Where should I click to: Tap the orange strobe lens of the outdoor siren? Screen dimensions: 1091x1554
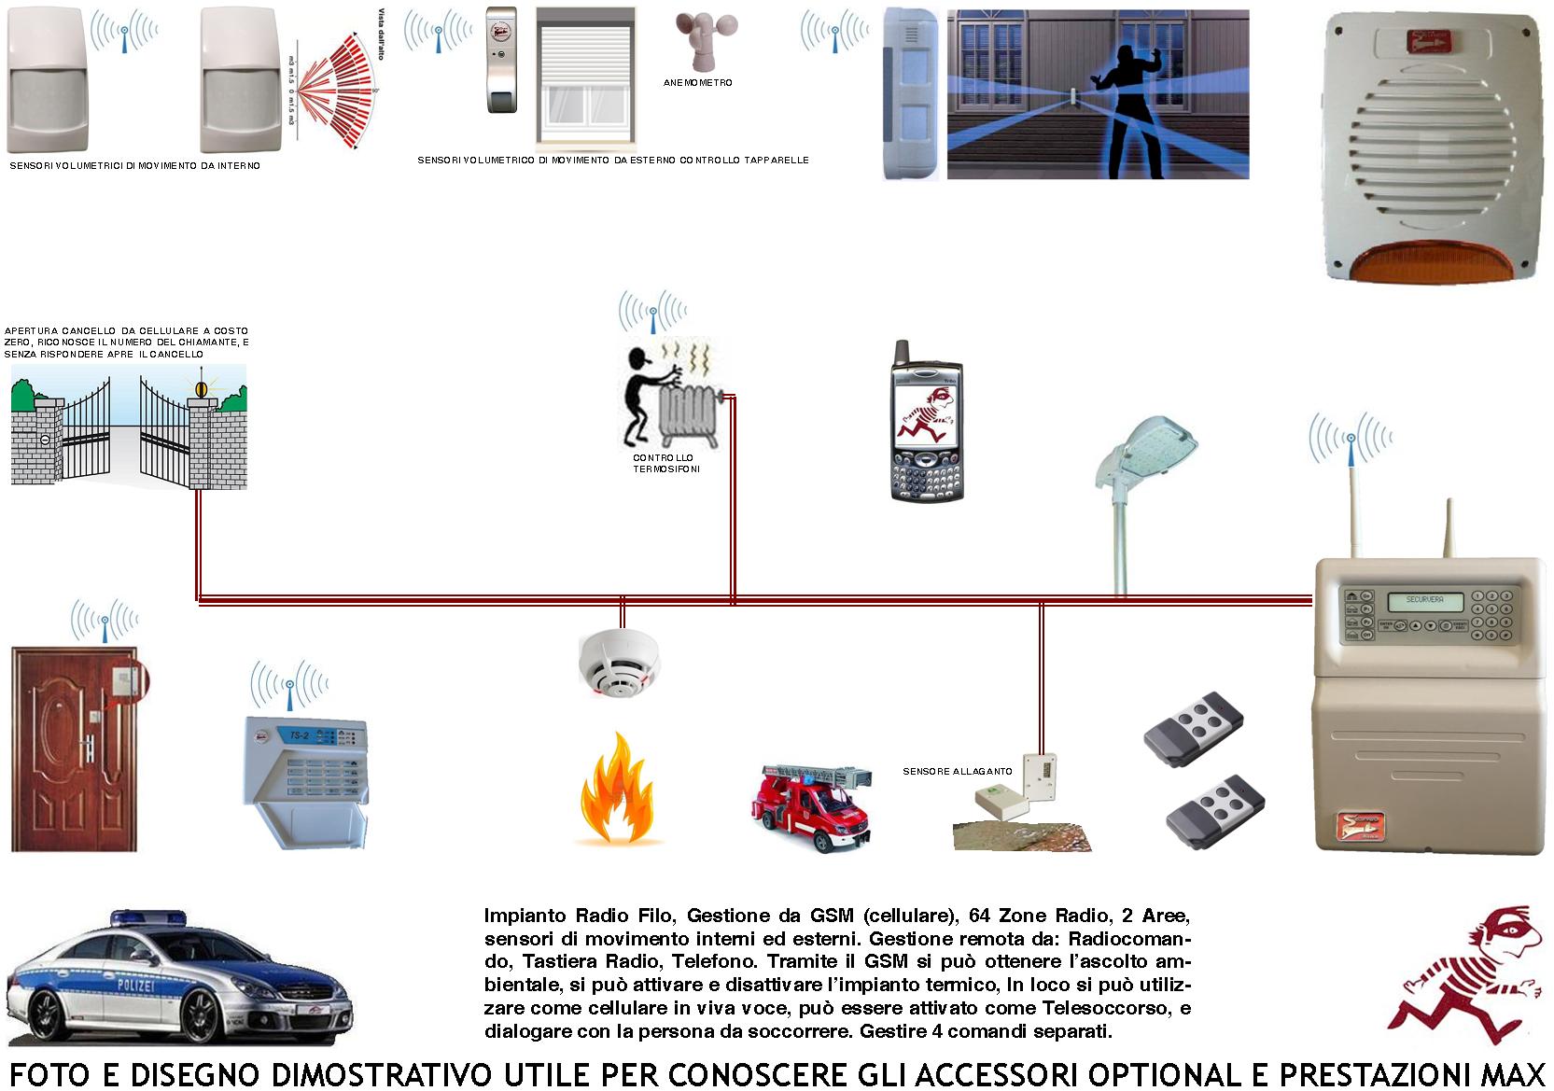point(1434,262)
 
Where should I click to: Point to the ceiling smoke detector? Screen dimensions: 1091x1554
point(619,664)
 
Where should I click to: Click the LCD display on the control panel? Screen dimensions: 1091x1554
point(1424,600)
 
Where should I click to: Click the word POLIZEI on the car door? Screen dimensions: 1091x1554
point(135,986)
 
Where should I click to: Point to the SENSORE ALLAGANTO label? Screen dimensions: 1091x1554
point(957,772)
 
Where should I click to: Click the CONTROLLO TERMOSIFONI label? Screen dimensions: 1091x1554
point(664,463)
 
